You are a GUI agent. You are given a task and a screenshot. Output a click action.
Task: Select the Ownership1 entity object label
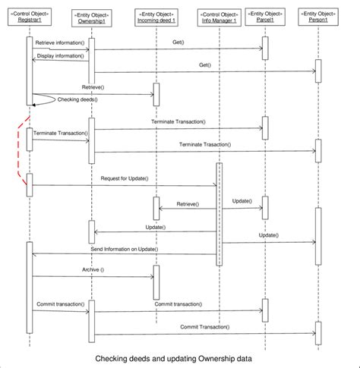point(92,17)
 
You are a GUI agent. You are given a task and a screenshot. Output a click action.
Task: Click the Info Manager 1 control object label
point(219,17)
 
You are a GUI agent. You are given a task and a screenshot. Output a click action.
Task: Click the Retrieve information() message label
point(60,45)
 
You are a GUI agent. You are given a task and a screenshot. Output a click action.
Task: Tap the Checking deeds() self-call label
point(77,99)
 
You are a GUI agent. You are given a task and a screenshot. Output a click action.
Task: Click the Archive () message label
point(93,270)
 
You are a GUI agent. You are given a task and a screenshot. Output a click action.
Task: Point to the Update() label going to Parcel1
point(242,202)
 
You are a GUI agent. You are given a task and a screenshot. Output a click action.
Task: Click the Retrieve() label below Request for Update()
point(188,204)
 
